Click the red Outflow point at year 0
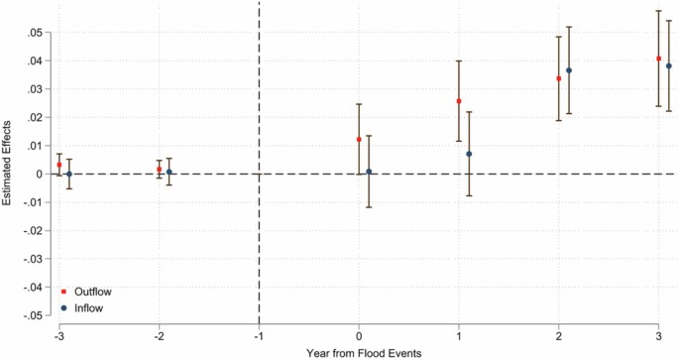pyautogui.click(x=359, y=140)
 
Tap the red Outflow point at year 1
pyautogui.click(x=459, y=101)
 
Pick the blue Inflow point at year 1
pyautogui.click(x=469, y=154)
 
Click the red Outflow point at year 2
pyautogui.click(x=559, y=78)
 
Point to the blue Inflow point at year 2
pyautogui.click(x=569, y=70)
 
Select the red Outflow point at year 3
pyautogui.click(x=659, y=59)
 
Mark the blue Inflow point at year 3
pyautogui.click(x=669, y=66)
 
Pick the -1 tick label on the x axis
pyautogui.click(x=259, y=333)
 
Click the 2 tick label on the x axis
pyautogui.click(x=559, y=333)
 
